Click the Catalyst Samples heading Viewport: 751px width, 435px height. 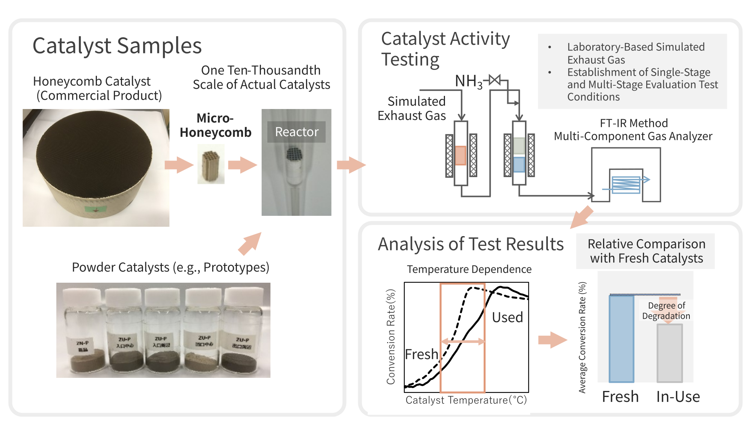tap(117, 46)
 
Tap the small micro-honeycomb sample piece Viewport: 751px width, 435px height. tap(211, 165)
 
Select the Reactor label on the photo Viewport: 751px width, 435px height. tap(296, 132)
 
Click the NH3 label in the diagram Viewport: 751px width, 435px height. tap(468, 81)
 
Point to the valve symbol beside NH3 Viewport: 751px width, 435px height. tap(495, 80)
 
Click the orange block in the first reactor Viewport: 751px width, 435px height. tap(461, 155)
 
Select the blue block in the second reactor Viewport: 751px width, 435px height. tap(519, 164)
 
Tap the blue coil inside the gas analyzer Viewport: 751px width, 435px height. tap(626, 185)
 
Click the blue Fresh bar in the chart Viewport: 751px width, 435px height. tap(621, 338)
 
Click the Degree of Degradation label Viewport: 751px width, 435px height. tap(666, 311)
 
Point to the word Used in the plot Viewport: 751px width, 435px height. tap(507, 317)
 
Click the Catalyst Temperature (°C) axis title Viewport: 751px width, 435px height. tap(466, 400)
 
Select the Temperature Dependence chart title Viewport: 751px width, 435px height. tap(469, 269)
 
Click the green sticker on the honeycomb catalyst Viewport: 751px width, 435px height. tap(95, 209)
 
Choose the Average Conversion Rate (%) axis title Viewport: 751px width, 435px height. tap(582, 337)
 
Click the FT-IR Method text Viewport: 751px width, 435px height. tap(633, 123)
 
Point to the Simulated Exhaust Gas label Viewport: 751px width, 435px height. tap(412, 108)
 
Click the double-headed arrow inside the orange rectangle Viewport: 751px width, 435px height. tap(463, 341)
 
